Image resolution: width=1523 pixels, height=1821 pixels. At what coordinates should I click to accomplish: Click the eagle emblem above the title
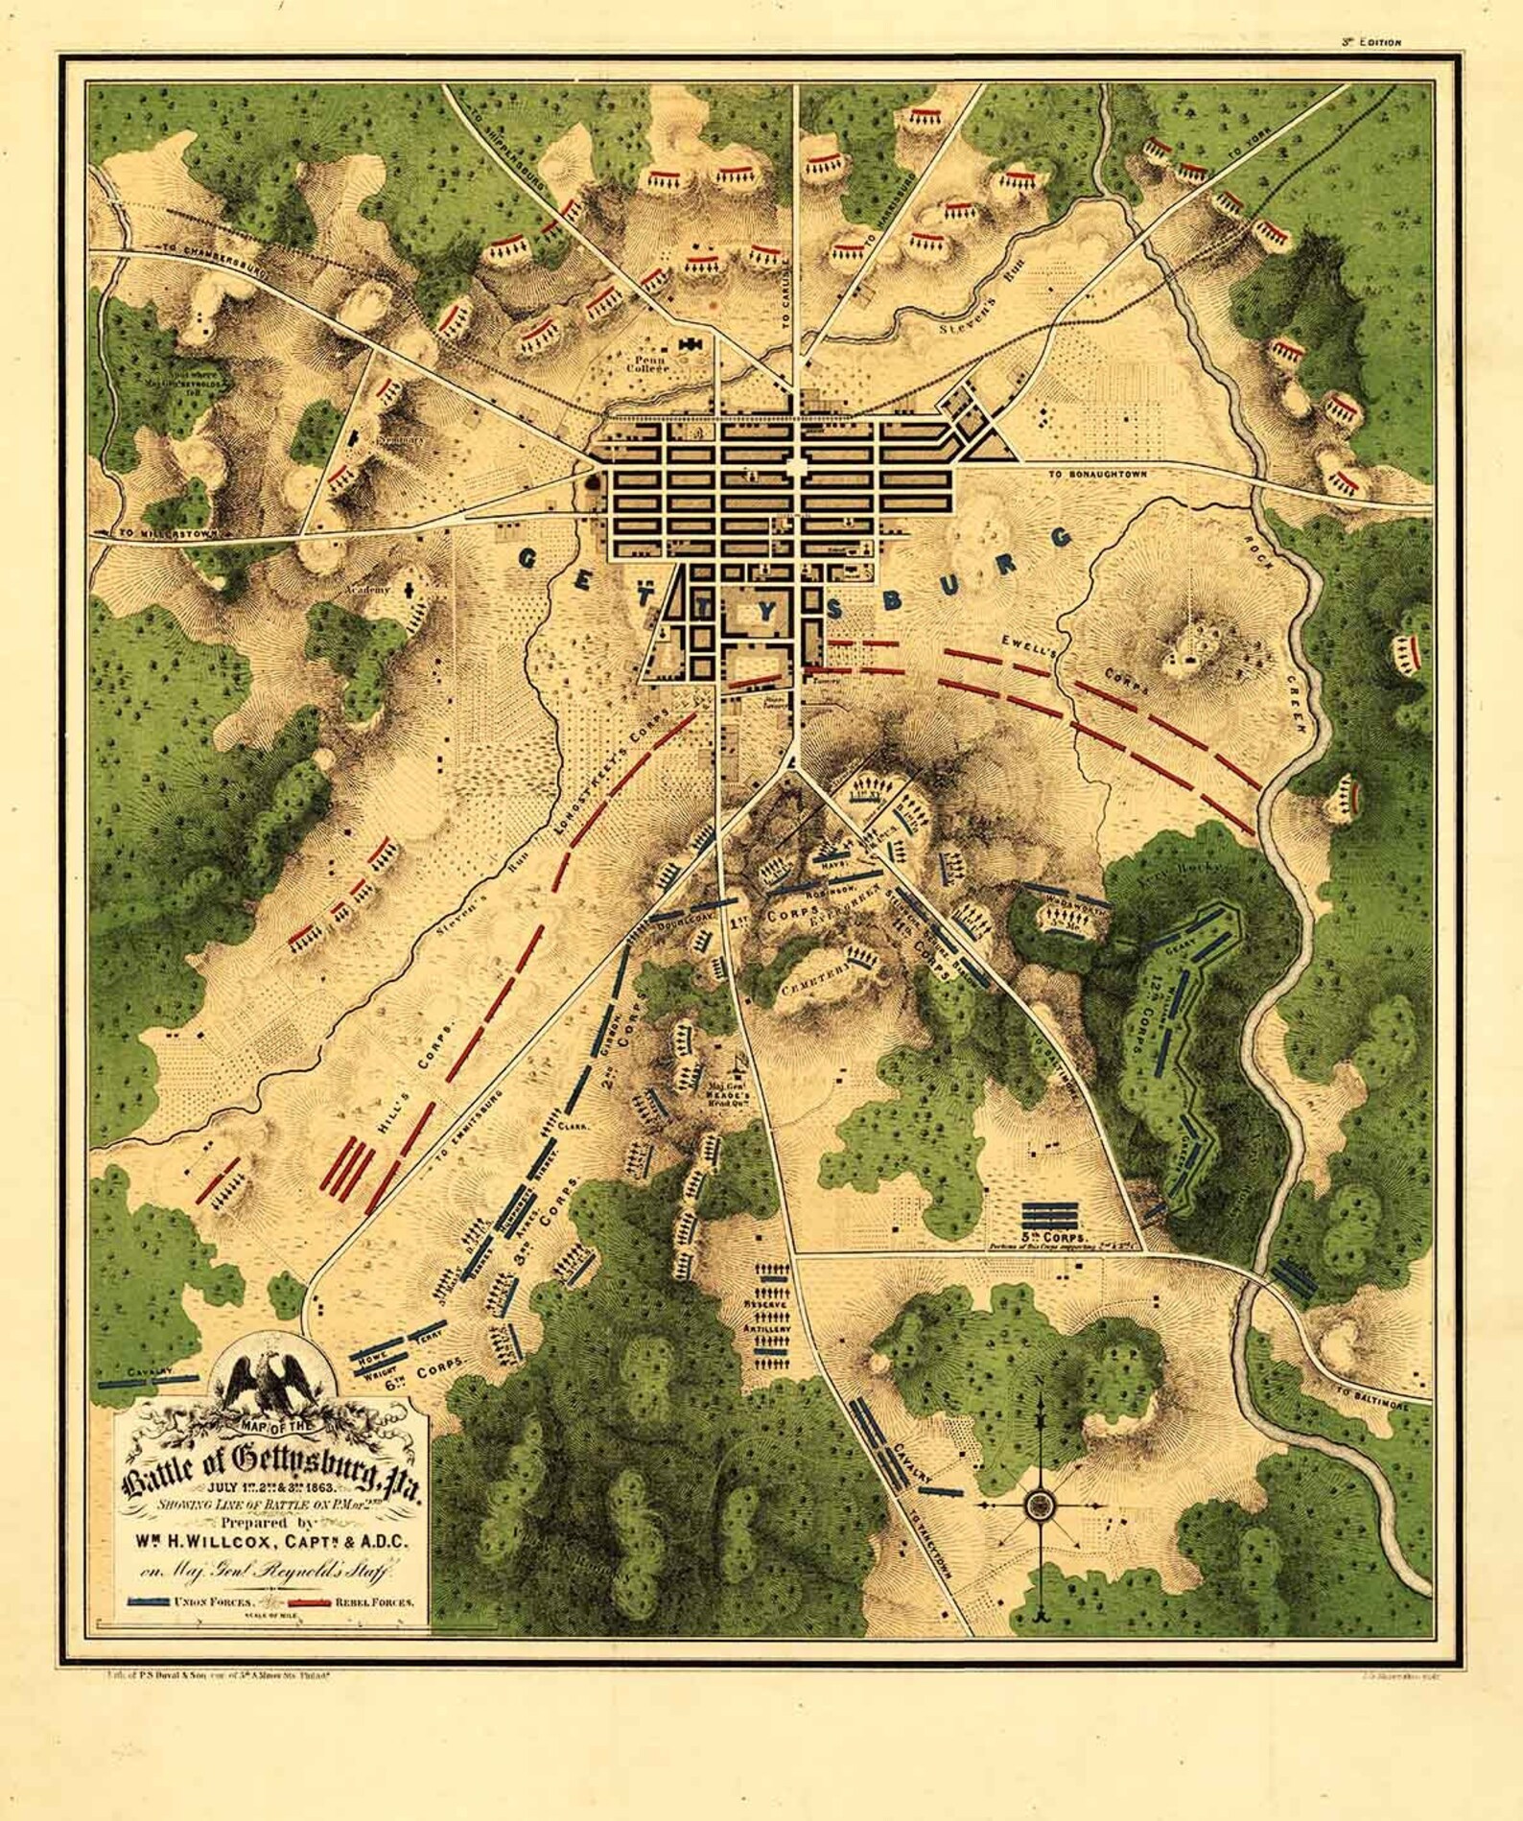pos(270,1385)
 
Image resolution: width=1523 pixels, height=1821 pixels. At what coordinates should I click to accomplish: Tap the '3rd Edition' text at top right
pos(1371,41)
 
